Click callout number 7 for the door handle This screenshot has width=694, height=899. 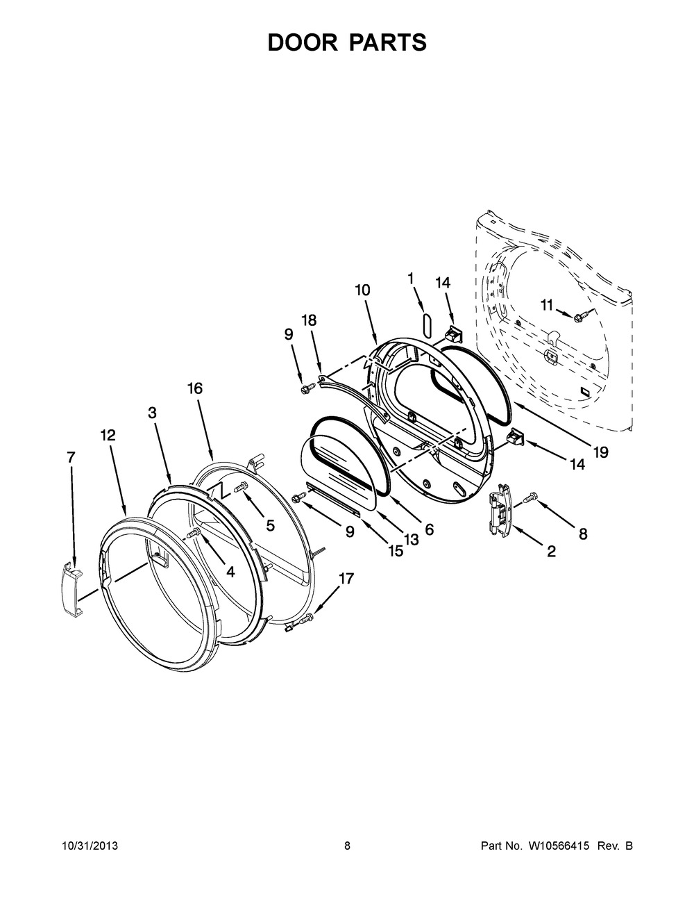tap(71, 457)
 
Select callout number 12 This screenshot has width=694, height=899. tap(108, 435)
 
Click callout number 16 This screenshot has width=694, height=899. tap(195, 388)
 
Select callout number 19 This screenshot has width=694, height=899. tap(600, 452)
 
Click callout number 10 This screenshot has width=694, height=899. tap(362, 290)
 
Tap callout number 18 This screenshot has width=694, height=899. tap(309, 320)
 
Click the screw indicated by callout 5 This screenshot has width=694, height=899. tap(240, 488)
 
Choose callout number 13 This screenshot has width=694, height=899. tap(412, 539)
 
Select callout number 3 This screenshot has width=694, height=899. tap(153, 413)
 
